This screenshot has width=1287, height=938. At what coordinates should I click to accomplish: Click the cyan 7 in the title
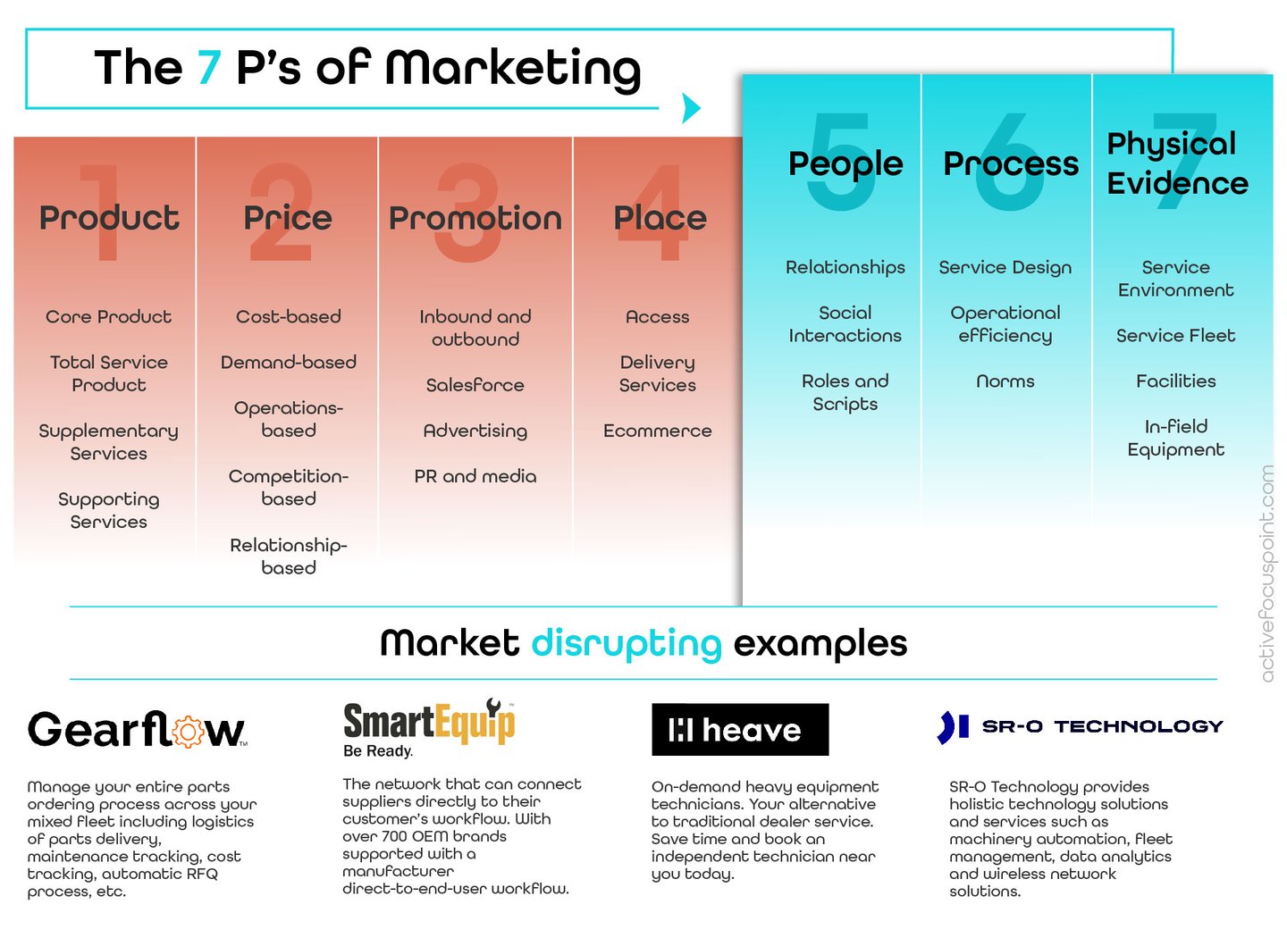coord(209,68)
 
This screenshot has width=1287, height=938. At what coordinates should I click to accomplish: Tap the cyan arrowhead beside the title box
coord(691,108)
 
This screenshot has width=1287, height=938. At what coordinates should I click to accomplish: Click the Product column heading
coord(109,218)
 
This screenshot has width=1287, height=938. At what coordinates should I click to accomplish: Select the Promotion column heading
coord(475,218)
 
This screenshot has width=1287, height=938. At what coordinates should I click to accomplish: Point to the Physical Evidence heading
coord(1177,163)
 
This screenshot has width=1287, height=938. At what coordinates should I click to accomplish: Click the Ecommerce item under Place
coord(657,431)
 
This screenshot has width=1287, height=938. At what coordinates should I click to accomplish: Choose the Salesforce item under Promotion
coord(475,385)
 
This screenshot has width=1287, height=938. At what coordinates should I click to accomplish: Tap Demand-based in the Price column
coord(288,362)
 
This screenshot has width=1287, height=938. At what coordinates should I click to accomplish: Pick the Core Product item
coord(108,316)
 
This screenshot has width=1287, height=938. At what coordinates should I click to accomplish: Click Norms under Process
coord(1005,381)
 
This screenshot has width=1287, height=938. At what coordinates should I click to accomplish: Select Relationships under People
coord(845,267)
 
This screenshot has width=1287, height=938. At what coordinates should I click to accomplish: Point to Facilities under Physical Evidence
coord(1175,381)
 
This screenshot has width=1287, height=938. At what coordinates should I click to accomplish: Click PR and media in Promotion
coord(475,476)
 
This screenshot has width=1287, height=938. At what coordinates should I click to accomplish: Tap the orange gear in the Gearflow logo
coord(188,732)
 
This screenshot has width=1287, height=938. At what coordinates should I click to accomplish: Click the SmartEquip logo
coord(429,722)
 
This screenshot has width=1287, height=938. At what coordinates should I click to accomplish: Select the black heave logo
coord(740,730)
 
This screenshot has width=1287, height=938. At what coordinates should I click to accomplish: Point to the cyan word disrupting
coord(627,643)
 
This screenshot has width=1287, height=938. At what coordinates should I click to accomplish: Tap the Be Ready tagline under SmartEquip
coord(378,751)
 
